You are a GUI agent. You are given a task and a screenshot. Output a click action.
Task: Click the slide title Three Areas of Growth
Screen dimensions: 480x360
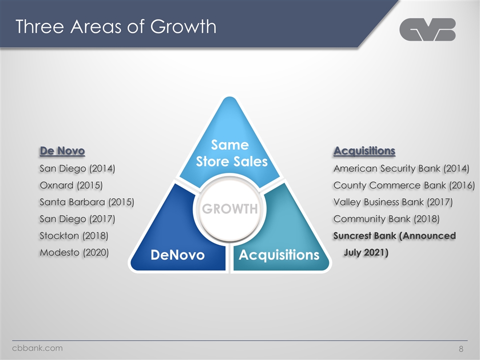(x=115, y=26)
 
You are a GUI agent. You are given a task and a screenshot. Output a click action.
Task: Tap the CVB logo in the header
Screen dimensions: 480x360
(x=427, y=29)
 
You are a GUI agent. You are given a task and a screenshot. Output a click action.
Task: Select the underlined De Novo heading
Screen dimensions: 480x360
(x=62, y=150)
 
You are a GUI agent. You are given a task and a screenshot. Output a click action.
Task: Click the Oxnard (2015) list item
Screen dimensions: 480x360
(x=71, y=185)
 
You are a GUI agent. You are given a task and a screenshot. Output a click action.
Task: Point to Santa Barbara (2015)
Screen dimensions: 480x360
(x=87, y=202)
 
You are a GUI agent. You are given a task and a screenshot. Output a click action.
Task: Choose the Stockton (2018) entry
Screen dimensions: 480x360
(x=74, y=235)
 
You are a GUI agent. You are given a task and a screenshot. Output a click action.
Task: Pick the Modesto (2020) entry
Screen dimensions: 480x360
(x=74, y=252)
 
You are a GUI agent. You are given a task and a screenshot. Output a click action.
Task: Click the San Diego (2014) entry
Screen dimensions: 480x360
(x=77, y=168)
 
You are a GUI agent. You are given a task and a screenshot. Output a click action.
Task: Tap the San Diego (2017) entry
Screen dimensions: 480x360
(x=77, y=219)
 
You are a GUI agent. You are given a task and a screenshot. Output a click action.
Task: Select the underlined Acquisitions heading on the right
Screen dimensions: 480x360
(x=364, y=150)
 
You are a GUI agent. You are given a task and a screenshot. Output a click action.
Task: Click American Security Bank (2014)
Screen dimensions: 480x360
(x=401, y=168)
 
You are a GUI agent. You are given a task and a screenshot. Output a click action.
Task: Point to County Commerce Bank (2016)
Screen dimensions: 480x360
(x=404, y=185)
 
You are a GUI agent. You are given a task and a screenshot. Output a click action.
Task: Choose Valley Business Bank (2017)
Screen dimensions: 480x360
(x=393, y=202)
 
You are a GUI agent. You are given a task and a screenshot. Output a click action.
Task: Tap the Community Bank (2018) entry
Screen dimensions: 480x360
(x=386, y=219)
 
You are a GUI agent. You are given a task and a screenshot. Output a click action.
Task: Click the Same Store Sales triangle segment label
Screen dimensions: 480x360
(x=231, y=153)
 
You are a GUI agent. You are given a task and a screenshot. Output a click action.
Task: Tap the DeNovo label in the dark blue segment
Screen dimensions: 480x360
(x=177, y=254)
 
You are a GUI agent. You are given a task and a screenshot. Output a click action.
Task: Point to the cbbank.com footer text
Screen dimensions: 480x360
(x=37, y=348)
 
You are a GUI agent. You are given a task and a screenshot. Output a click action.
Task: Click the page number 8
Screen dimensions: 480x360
(x=461, y=348)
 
